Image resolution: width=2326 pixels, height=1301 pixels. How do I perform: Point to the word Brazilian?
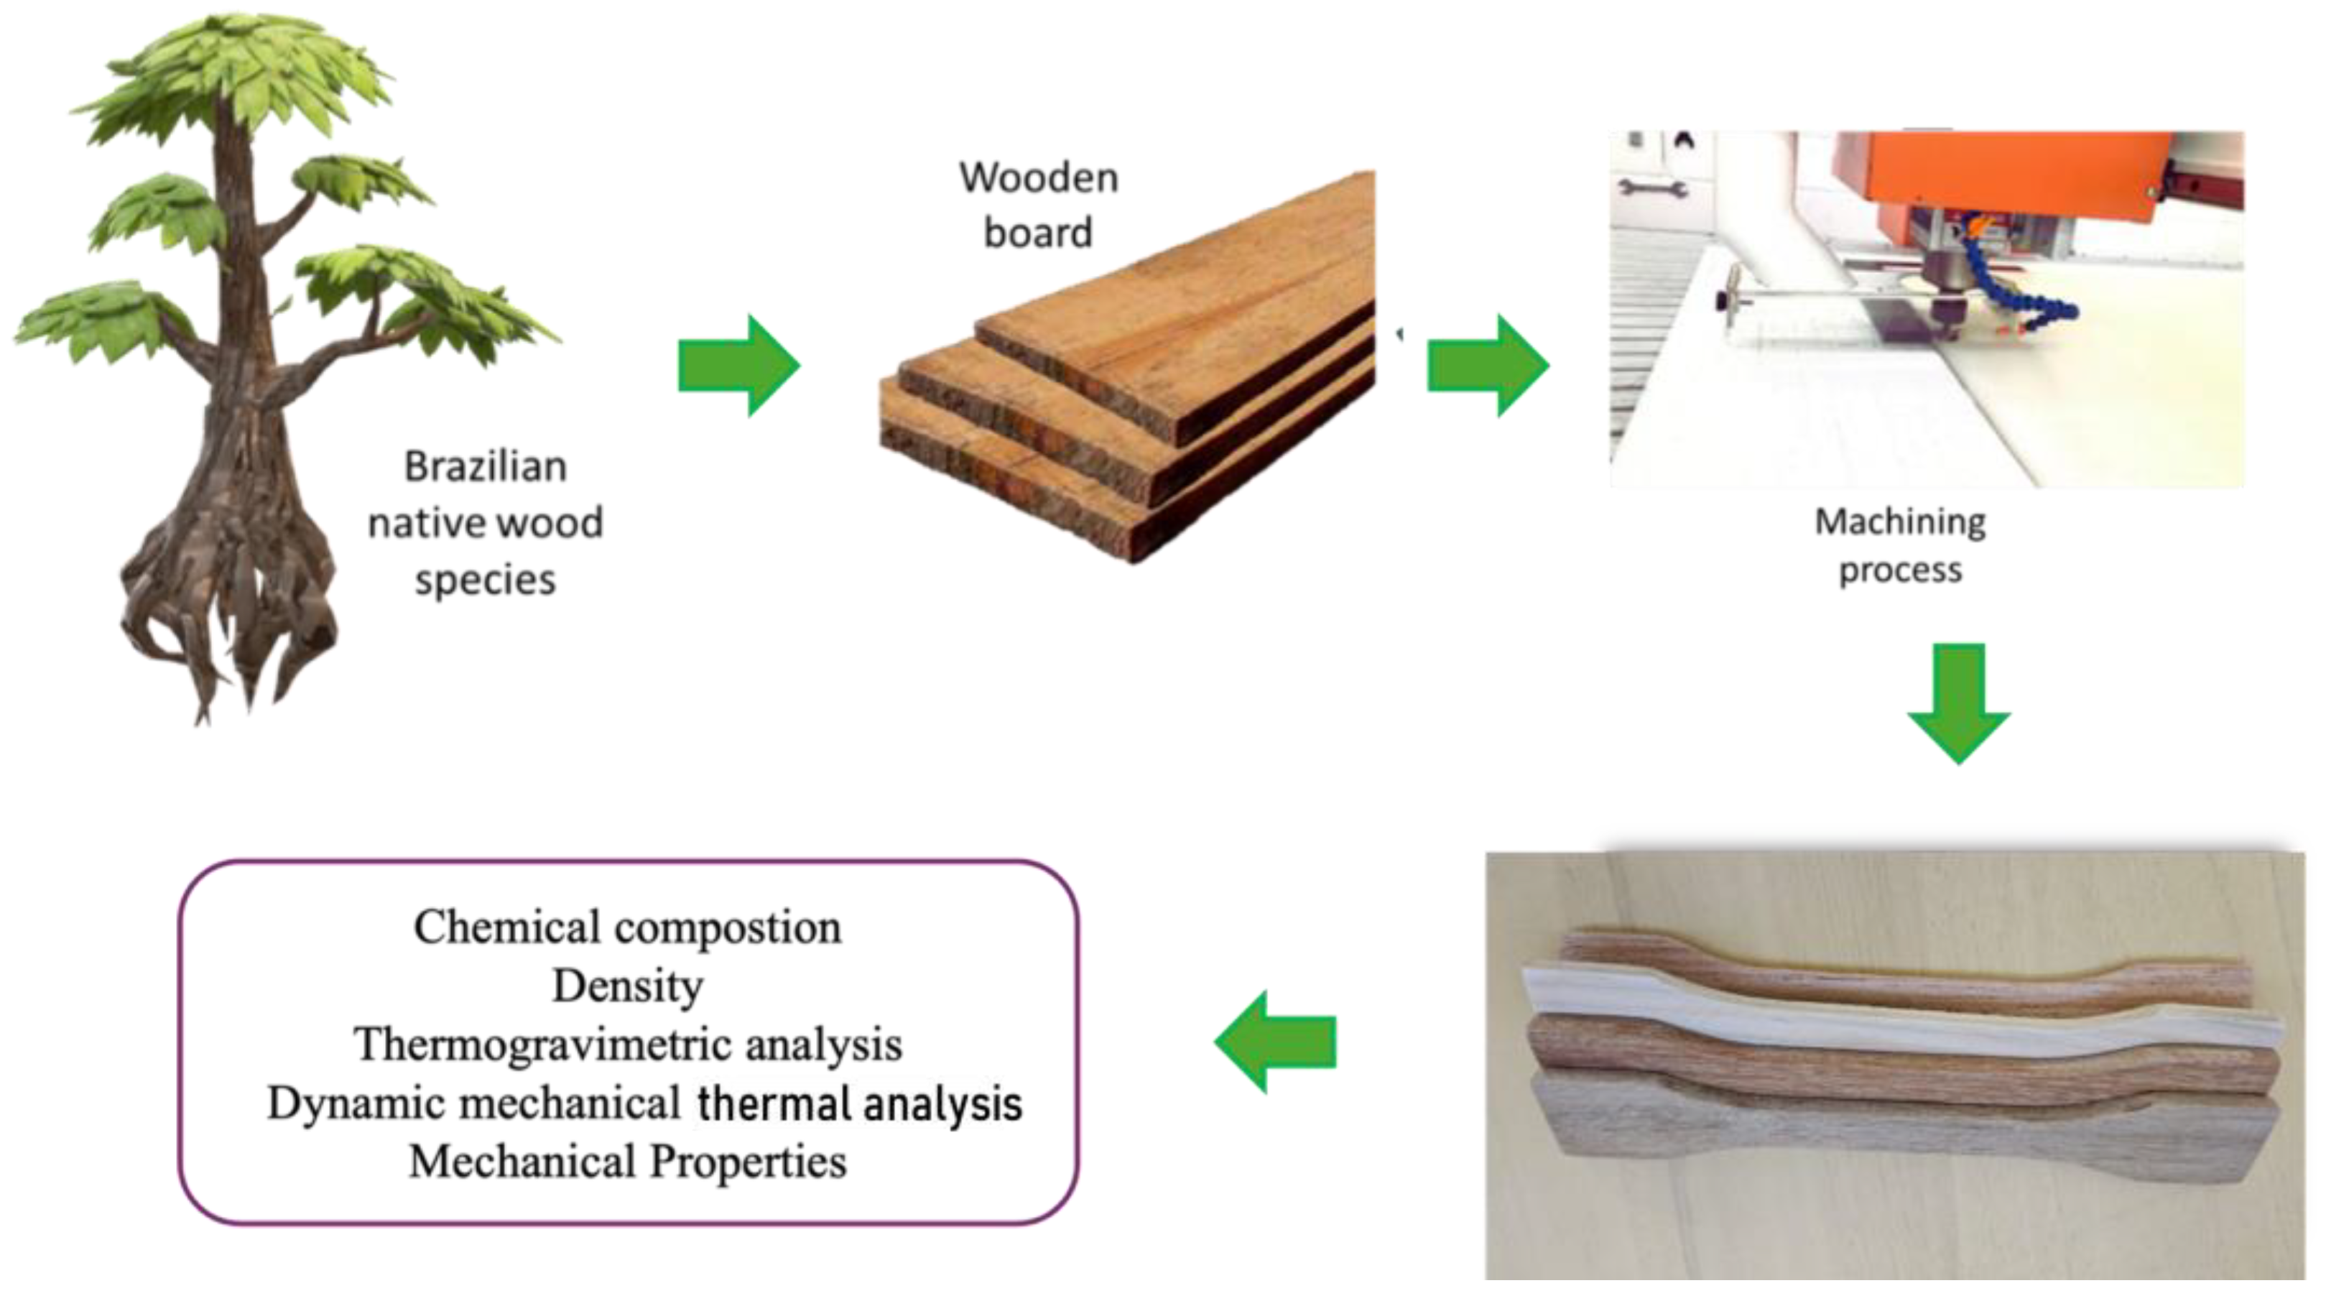pyautogui.click(x=486, y=467)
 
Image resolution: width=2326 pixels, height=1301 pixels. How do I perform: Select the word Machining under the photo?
pyautogui.click(x=1900, y=522)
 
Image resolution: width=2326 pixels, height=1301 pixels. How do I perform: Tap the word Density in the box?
pyautogui.click(x=628, y=986)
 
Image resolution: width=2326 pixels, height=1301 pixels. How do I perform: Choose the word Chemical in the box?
pyautogui.click(x=506, y=927)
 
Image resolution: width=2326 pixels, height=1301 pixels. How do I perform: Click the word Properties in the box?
pyautogui.click(x=749, y=1162)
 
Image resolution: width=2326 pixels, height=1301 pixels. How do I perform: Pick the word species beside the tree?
pyautogui.click(x=486, y=580)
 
